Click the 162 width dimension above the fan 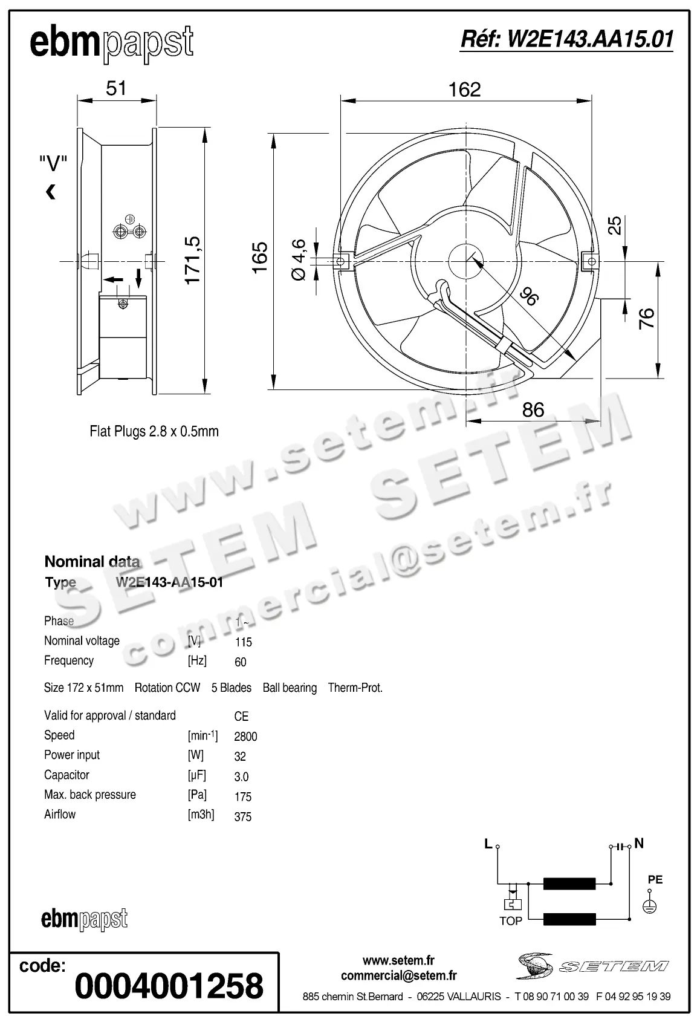(x=464, y=90)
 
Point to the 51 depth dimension (x=116, y=88)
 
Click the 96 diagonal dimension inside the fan (x=528, y=296)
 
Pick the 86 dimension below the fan (x=533, y=410)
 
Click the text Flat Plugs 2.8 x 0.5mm (x=154, y=432)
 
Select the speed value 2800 (x=245, y=737)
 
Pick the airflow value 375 (x=242, y=816)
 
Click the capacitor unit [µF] (x=197, y=775)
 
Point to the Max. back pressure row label (x=90, y=795)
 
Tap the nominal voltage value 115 (x=244, y=642)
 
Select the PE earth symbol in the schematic (x=650, y=905)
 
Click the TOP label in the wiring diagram (x=511, y=920)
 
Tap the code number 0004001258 (x=169, y=986)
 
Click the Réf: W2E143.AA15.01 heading (x=566, y=39)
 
